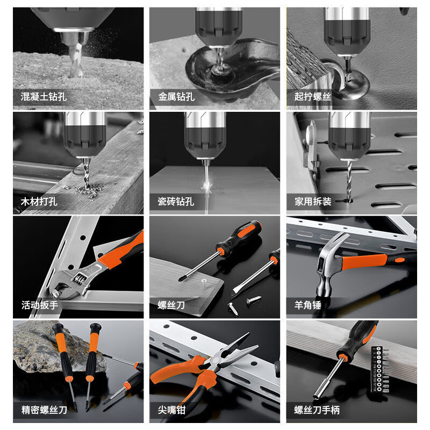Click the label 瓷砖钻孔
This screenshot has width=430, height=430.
(176, 202)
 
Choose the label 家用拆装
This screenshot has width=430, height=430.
(312, 202)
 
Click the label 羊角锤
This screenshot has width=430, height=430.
(308, 305)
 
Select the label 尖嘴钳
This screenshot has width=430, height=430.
(171, 410)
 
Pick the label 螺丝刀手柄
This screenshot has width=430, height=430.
(317, 410)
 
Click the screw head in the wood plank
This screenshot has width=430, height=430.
(205, 280)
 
